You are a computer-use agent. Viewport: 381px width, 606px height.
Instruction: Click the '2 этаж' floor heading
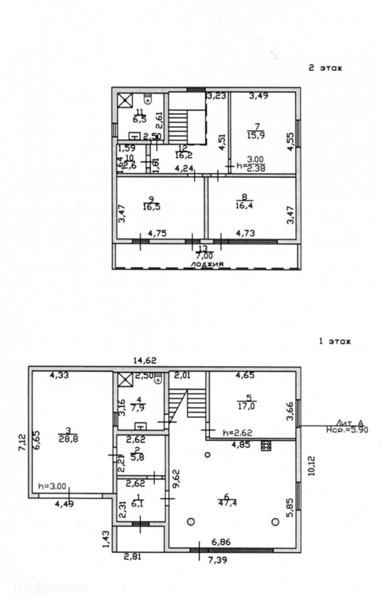pos(325,68)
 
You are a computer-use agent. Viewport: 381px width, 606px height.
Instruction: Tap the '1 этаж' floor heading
pos(335,342)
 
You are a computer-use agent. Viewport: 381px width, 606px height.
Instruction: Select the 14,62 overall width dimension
pos(145,361)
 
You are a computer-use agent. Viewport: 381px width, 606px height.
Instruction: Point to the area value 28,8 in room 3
pos(68,439)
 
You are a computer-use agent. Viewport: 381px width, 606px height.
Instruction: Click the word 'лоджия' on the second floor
pos(207,264)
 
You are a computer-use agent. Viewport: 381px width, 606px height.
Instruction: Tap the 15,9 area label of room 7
pos(256,135)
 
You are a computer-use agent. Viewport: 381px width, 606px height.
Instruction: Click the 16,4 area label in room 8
pos(244,206)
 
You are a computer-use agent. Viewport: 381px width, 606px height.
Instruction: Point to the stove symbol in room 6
pos(265,445)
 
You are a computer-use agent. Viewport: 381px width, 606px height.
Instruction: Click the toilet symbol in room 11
pos(148,100)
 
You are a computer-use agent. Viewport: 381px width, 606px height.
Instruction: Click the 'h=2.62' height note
pos(237,432)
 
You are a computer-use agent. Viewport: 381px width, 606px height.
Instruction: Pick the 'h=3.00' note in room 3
pos(52,486)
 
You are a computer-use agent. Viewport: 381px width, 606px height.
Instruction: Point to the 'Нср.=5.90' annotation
pos(347,430)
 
